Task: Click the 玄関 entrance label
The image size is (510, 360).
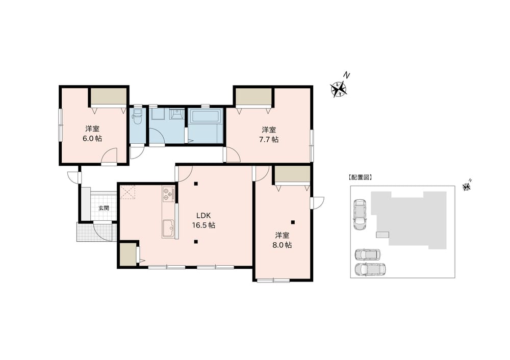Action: [104, 208]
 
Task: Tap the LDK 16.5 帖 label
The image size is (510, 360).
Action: [203, 220]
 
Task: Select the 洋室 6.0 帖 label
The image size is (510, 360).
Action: [92, 134]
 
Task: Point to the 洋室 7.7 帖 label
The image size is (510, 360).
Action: [269, 135]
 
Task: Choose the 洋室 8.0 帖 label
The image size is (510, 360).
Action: [282, 240]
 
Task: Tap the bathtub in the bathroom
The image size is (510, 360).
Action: [206, 116]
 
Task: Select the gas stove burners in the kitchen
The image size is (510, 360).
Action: [168, 194]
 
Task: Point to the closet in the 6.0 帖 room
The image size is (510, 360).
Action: [108, 96]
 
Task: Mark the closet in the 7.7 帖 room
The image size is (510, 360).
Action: [253, 96]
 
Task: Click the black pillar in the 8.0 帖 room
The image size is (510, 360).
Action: [293, 222]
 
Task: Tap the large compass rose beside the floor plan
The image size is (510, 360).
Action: [339, 88]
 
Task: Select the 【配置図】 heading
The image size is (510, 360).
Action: [360, 177]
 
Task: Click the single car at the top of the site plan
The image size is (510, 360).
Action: [360, 215]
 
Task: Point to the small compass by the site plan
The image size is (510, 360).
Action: [467, 187]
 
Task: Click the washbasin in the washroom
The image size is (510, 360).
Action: [176, 114]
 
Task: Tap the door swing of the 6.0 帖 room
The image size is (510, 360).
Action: [109, 156]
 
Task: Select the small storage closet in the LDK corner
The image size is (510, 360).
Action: [128, 254]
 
